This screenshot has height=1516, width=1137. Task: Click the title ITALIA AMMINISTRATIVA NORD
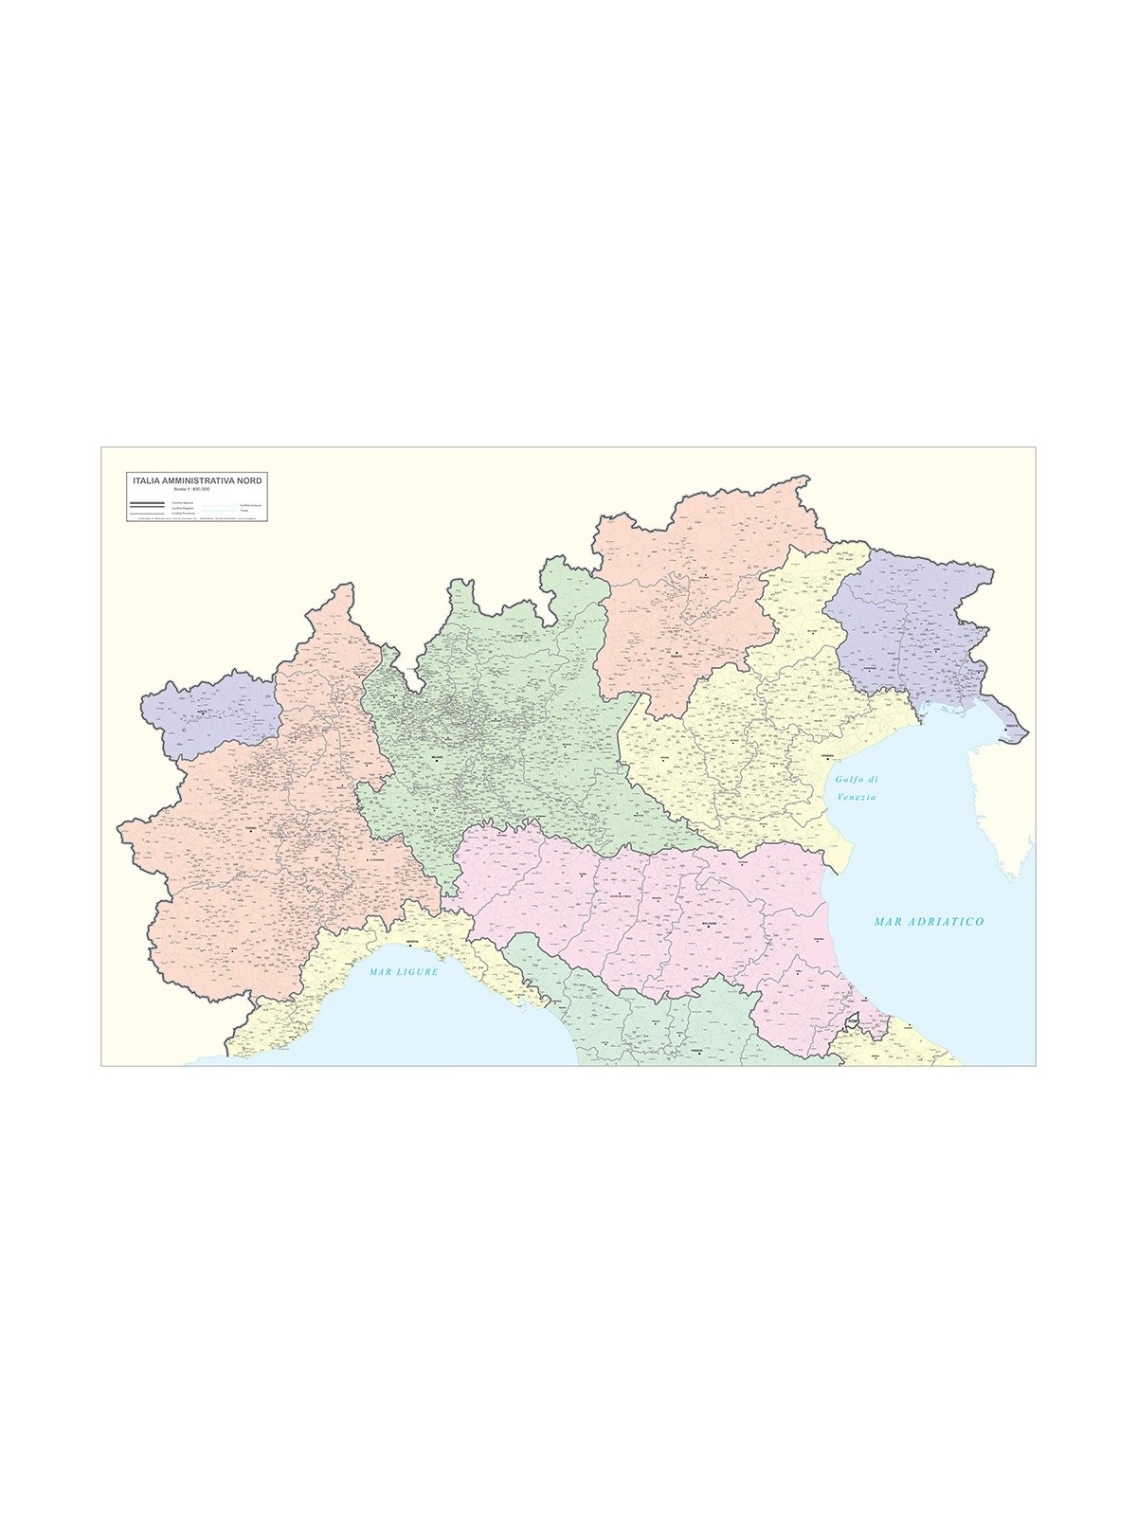tap(199, 481)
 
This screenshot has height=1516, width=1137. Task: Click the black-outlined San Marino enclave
tap(853, 1021)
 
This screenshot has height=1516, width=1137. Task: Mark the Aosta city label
tap(202, 713)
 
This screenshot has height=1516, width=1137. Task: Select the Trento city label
tap(677, 653)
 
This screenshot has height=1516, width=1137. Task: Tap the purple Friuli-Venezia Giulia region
tap(910, 616)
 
